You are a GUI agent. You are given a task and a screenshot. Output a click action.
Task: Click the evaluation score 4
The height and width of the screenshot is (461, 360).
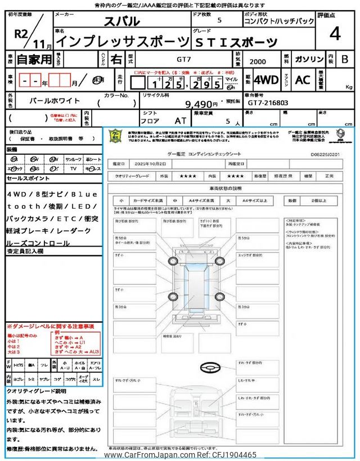[335, 34]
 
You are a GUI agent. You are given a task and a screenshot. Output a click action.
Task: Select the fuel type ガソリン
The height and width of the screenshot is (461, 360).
[307, 59]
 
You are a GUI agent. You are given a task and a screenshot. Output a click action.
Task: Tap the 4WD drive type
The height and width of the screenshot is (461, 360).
[265, 80]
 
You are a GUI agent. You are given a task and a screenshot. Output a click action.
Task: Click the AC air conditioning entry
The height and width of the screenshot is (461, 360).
[303, 80]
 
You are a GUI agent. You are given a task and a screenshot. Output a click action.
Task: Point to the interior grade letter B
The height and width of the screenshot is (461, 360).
[345, 59]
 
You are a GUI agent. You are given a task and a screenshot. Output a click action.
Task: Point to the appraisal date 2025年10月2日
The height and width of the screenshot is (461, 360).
[152, 164]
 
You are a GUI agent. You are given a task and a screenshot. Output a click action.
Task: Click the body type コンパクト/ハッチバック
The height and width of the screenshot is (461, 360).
[271, 22]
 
